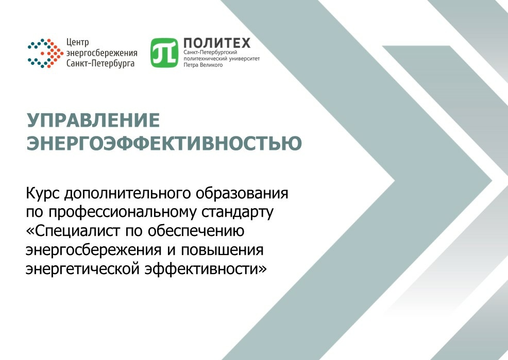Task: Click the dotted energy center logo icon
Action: tap(45, 54)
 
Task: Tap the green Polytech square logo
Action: tap(164, 53)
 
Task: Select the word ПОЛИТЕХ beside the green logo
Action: tap(217, 43)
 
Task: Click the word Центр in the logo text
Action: tap(77, 42)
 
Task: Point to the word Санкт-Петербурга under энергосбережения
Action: tap(100, 63)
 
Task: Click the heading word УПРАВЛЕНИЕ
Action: tap(93, 120)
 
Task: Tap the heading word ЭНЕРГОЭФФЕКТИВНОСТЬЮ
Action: tap(164, 143)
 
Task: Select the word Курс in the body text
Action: tap(43, 194)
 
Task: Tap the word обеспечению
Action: tap(196, 231)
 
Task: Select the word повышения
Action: tap(222, 250)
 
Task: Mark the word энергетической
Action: tap(83, 269)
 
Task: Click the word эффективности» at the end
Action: tap(206, 269)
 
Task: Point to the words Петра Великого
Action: tap(203, 65)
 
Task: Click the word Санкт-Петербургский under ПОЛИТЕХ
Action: tap(210, 53)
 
